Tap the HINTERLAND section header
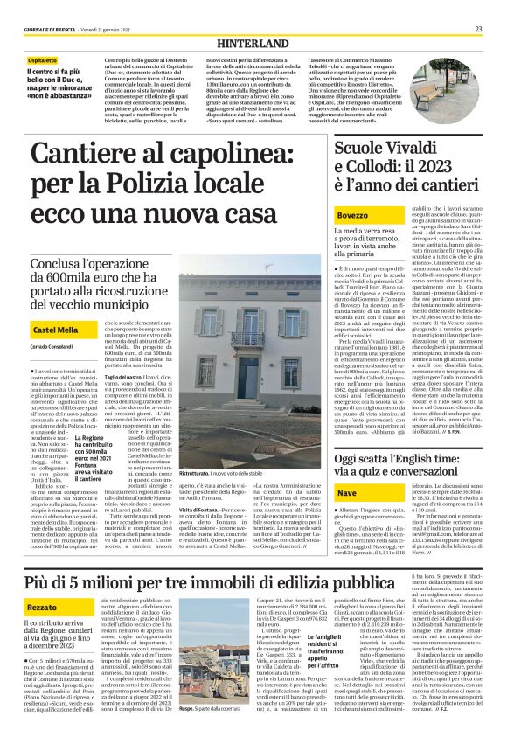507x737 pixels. [254, 41]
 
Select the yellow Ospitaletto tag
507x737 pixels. [43, 60]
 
